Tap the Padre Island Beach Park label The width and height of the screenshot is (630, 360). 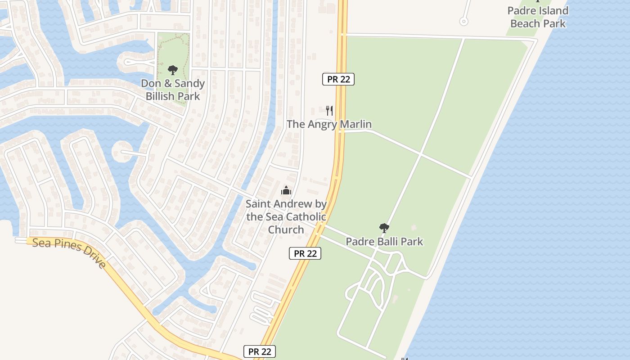pyautogui.click(x=538, y=17)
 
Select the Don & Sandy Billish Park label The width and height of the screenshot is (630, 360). pyautogui.click(x=173, y=90)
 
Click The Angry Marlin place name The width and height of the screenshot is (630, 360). pyautogui.click(x=329, y=124)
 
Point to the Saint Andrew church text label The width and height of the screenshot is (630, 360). pyautogui.click(x=286, y=216)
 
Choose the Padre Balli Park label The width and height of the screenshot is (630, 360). pyautogui.click(x=384, y=241)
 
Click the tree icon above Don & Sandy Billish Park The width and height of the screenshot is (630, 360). pyautogui.click(x=172, y=70)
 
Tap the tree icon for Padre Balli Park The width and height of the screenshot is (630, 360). pyautogui.click(x=384, y=228)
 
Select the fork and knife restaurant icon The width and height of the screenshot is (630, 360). pyautogui.click(x=329, y=110)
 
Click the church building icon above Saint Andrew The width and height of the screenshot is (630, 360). pyautogui.click(x=286, y=190)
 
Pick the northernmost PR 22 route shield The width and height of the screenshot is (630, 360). pyautogui.click(x=338, y=79)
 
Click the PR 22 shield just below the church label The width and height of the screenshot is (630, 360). pyautogui.click(x=305, y=253)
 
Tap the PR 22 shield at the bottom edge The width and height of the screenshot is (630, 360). pyautogui.click(x=260, y=351)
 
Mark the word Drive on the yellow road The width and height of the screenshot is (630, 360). pyautogui.click(x=94, y=258)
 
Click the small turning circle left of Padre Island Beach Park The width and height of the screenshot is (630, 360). pyautogui.click(x=463, y=21)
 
